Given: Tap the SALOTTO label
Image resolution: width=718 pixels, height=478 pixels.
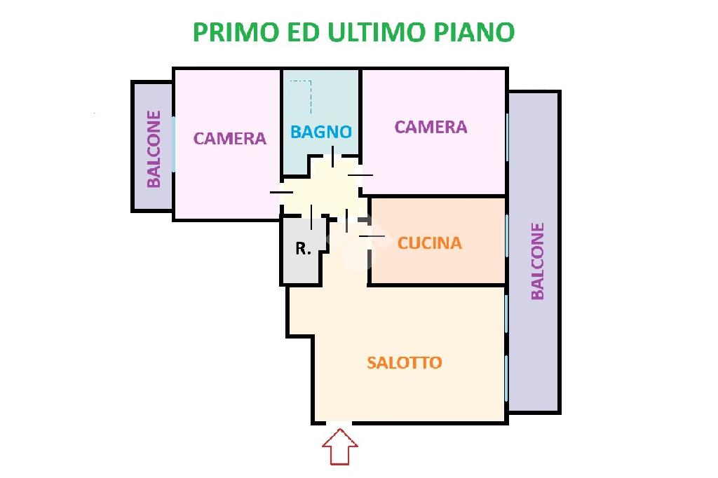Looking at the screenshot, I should point(405,362).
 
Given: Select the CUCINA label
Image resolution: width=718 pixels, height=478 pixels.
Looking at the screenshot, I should point(430,243).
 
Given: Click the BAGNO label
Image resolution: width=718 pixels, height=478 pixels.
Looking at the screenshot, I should point(320,131).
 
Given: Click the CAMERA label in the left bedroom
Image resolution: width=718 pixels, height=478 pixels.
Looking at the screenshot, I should point(230,138).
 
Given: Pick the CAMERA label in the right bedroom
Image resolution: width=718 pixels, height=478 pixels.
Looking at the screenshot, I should point(431,127).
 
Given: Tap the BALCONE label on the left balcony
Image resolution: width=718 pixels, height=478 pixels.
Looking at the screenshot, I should point(154,149).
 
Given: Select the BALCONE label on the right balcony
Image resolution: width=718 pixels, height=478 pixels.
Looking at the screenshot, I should point(537,261).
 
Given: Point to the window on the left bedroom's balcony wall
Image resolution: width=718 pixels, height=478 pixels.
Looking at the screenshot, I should point(173,144).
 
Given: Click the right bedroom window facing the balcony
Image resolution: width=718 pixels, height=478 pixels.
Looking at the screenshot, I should point(506,137).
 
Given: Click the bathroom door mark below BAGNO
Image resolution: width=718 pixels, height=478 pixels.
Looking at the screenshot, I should point(332,156).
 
